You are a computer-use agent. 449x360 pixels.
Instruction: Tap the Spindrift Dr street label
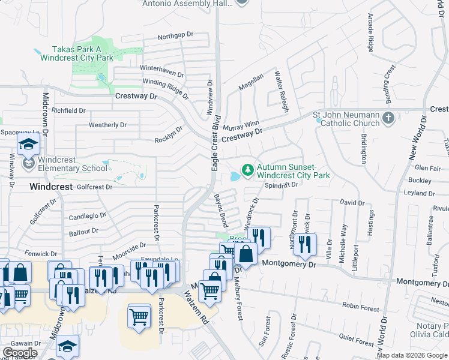(282, 185)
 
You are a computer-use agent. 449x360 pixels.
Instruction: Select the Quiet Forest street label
(355, 341)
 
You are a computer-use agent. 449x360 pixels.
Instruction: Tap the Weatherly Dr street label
(107, 125)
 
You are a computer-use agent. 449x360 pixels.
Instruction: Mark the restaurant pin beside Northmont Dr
(306, 243)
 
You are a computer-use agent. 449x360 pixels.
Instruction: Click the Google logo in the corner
(20, 353)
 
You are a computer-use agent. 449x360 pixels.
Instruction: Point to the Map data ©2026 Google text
(412, 355)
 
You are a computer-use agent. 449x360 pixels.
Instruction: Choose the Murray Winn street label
(241, 126)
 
